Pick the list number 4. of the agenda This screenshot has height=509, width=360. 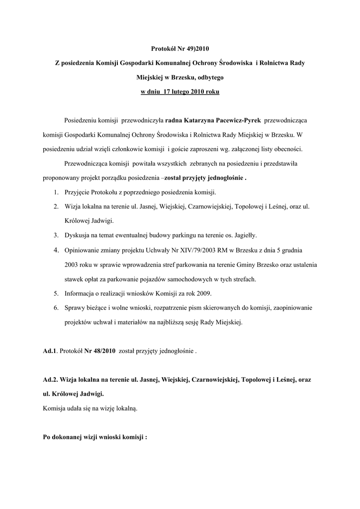tap(57, 250)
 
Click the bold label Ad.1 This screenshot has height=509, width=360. tap(50, 351)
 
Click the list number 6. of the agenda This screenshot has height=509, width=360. tap(57, 308)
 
